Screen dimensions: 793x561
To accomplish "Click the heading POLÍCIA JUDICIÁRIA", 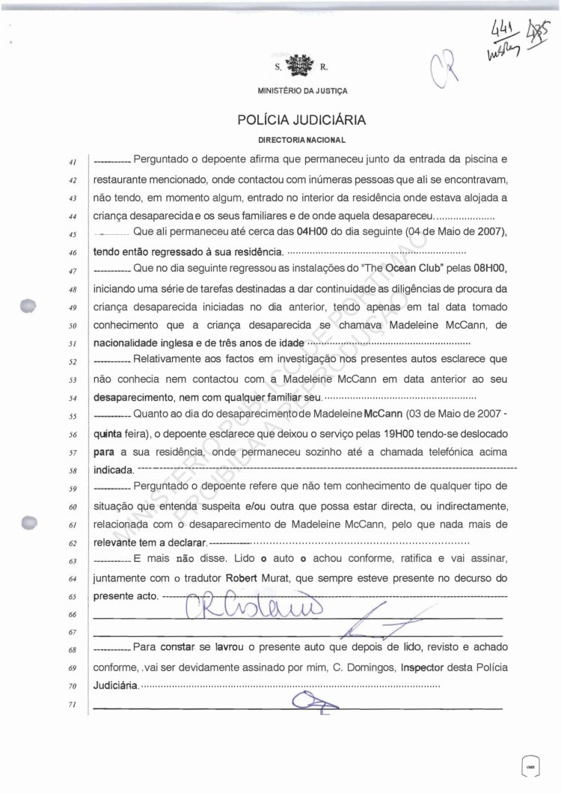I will coord(301,119).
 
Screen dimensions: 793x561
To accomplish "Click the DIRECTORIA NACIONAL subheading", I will coord(301,140).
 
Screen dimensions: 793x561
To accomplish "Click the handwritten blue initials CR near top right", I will coord(446,73).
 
